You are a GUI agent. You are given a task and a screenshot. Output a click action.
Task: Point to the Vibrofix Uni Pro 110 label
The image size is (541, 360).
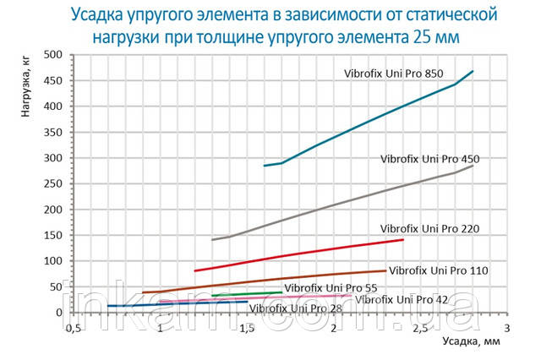pos(440,270)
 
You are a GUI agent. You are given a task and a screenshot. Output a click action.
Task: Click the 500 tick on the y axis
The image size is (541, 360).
pos(54,55)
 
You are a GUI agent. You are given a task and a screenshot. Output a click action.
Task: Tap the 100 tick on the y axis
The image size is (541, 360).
pos(54,262)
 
